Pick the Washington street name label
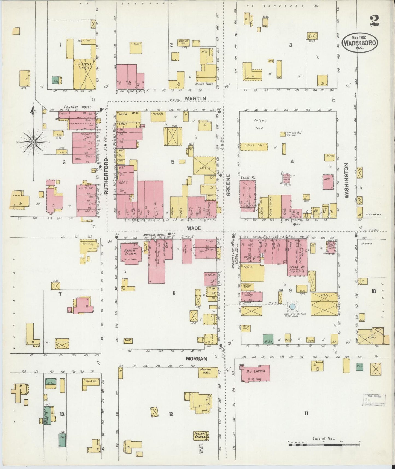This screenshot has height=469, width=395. [347, 180]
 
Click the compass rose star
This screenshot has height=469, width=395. [33, 142]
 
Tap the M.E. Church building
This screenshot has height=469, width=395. [256, 373]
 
